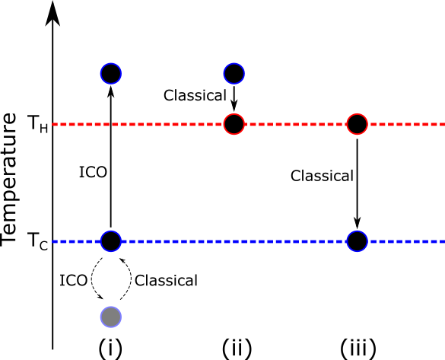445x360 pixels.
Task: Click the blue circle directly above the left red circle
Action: (234, 74)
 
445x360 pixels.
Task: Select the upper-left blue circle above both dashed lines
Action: (110, 74)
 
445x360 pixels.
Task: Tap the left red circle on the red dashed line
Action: (234, 124)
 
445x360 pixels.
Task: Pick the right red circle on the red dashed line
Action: (357, 124)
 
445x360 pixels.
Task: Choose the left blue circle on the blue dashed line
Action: (110, 241)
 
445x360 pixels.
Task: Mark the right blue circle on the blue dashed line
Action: (357, 241)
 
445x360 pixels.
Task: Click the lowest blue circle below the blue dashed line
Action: (110, 317)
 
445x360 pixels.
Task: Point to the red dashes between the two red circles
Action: (295, 124)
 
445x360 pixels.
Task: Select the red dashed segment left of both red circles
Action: (137, 124)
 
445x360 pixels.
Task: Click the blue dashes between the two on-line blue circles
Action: (234, 241)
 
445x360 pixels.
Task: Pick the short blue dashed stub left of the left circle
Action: (76, 241)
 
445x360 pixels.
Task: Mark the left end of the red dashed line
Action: (53, 124)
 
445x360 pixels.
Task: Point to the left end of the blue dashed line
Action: (53, 241)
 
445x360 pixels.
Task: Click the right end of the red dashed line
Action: (443, 124)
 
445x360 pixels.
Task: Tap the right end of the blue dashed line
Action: (443, 241)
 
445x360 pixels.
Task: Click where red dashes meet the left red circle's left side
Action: (223, 124)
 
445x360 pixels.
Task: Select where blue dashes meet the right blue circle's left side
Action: (346, 241)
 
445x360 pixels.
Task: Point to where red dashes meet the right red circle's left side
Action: (346, 124)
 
